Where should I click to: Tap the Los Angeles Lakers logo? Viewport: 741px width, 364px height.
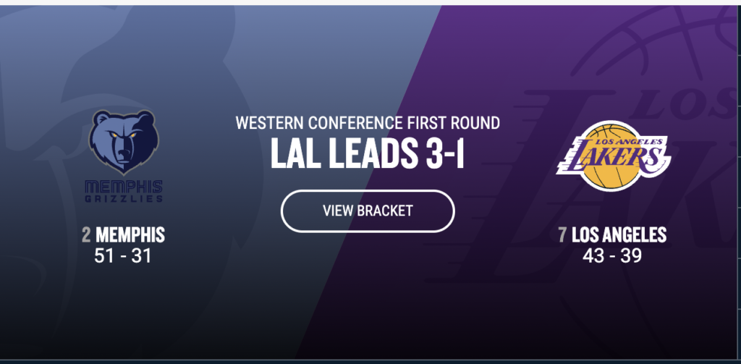coord(614,156)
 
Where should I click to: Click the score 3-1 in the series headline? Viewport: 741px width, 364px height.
coord(445,153)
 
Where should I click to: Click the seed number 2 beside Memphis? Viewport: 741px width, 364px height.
coord(86,234)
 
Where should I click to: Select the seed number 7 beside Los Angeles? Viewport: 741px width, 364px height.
coord(562,234)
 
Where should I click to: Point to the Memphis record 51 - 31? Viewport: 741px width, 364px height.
coord(123,255)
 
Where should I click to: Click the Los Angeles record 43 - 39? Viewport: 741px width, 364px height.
coord(612,255)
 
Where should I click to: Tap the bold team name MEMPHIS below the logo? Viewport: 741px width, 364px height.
coord(130,234)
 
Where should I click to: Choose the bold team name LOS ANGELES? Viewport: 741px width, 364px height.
coord(619,234)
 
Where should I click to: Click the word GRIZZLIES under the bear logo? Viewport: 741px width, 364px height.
coord(124,198)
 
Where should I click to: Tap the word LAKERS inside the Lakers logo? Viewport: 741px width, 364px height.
coord(614,156)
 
